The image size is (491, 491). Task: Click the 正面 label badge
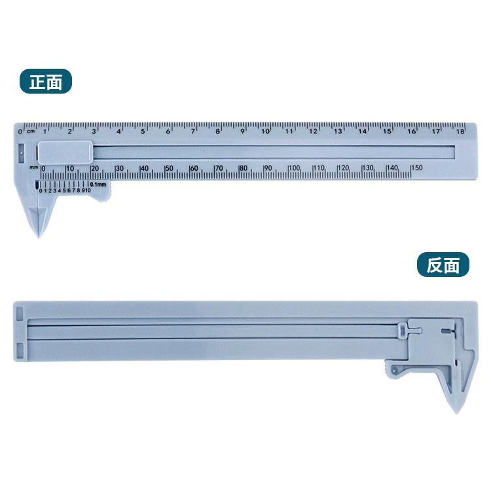46,81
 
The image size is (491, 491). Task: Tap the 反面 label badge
443,264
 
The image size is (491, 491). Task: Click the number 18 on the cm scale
460,131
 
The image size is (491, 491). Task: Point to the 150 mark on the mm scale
418,168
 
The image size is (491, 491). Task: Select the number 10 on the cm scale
266,131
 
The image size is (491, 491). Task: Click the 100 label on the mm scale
295,168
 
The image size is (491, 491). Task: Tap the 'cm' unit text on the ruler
30,131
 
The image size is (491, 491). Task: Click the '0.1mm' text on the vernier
98,184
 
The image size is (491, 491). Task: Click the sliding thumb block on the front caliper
65,153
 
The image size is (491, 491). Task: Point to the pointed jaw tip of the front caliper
39,236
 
